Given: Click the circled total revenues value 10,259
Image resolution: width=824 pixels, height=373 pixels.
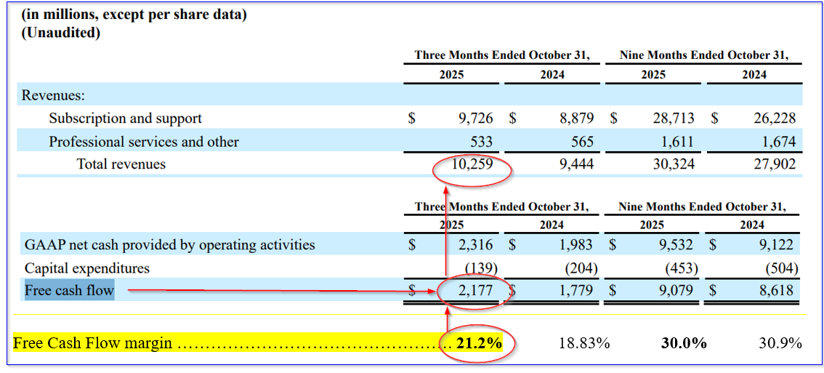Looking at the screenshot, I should (472, 164).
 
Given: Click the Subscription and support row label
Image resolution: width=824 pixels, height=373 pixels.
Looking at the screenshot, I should (125, 119).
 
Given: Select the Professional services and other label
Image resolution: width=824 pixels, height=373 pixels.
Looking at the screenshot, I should (143, 142).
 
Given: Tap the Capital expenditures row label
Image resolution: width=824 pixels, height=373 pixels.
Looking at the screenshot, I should (87, 268).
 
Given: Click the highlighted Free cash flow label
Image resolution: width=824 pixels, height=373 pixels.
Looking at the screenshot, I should (69, 291).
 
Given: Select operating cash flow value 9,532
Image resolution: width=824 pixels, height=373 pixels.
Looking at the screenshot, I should (679, 245).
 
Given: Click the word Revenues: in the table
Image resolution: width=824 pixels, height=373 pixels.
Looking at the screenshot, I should (53, 95).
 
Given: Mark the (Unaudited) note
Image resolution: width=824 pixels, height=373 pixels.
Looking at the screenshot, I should (60, 32).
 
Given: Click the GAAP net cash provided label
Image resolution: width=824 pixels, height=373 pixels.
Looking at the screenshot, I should (170, 245).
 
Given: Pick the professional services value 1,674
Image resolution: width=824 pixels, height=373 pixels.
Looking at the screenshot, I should (777, 142).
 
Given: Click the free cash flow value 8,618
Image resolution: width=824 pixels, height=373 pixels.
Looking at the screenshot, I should (777, 291).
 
